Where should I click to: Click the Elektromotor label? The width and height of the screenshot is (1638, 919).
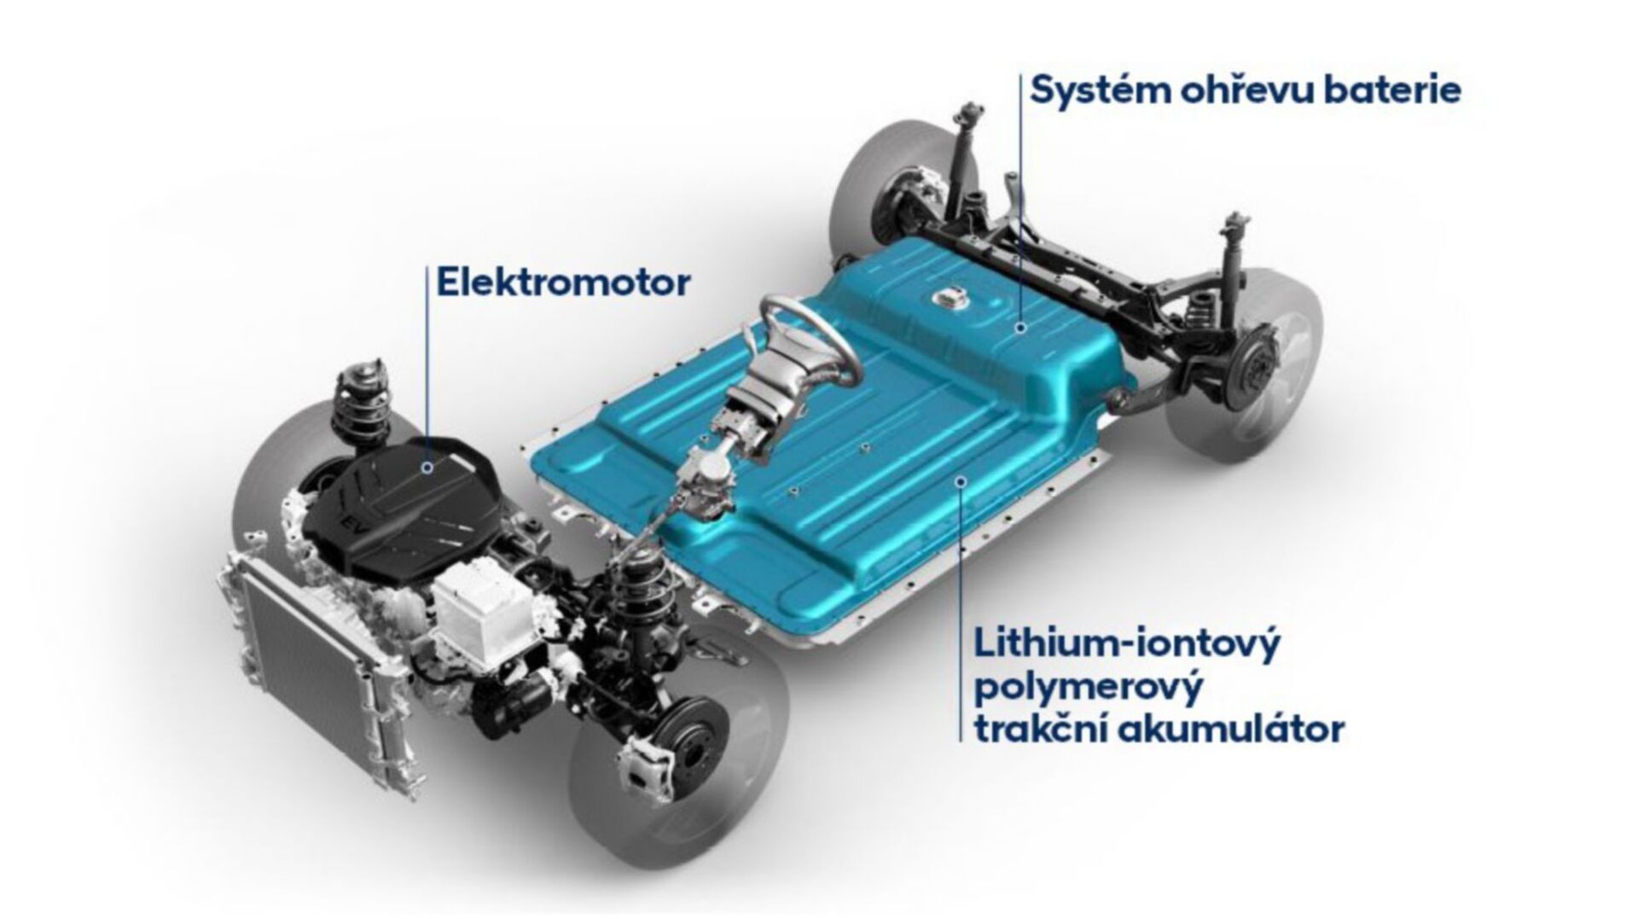point(562,282)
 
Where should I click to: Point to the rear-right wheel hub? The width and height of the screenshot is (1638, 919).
point(1263,376)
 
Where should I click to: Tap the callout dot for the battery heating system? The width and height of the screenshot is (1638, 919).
point(1020,326)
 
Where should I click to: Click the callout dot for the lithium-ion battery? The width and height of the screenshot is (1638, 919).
point(961,483)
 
